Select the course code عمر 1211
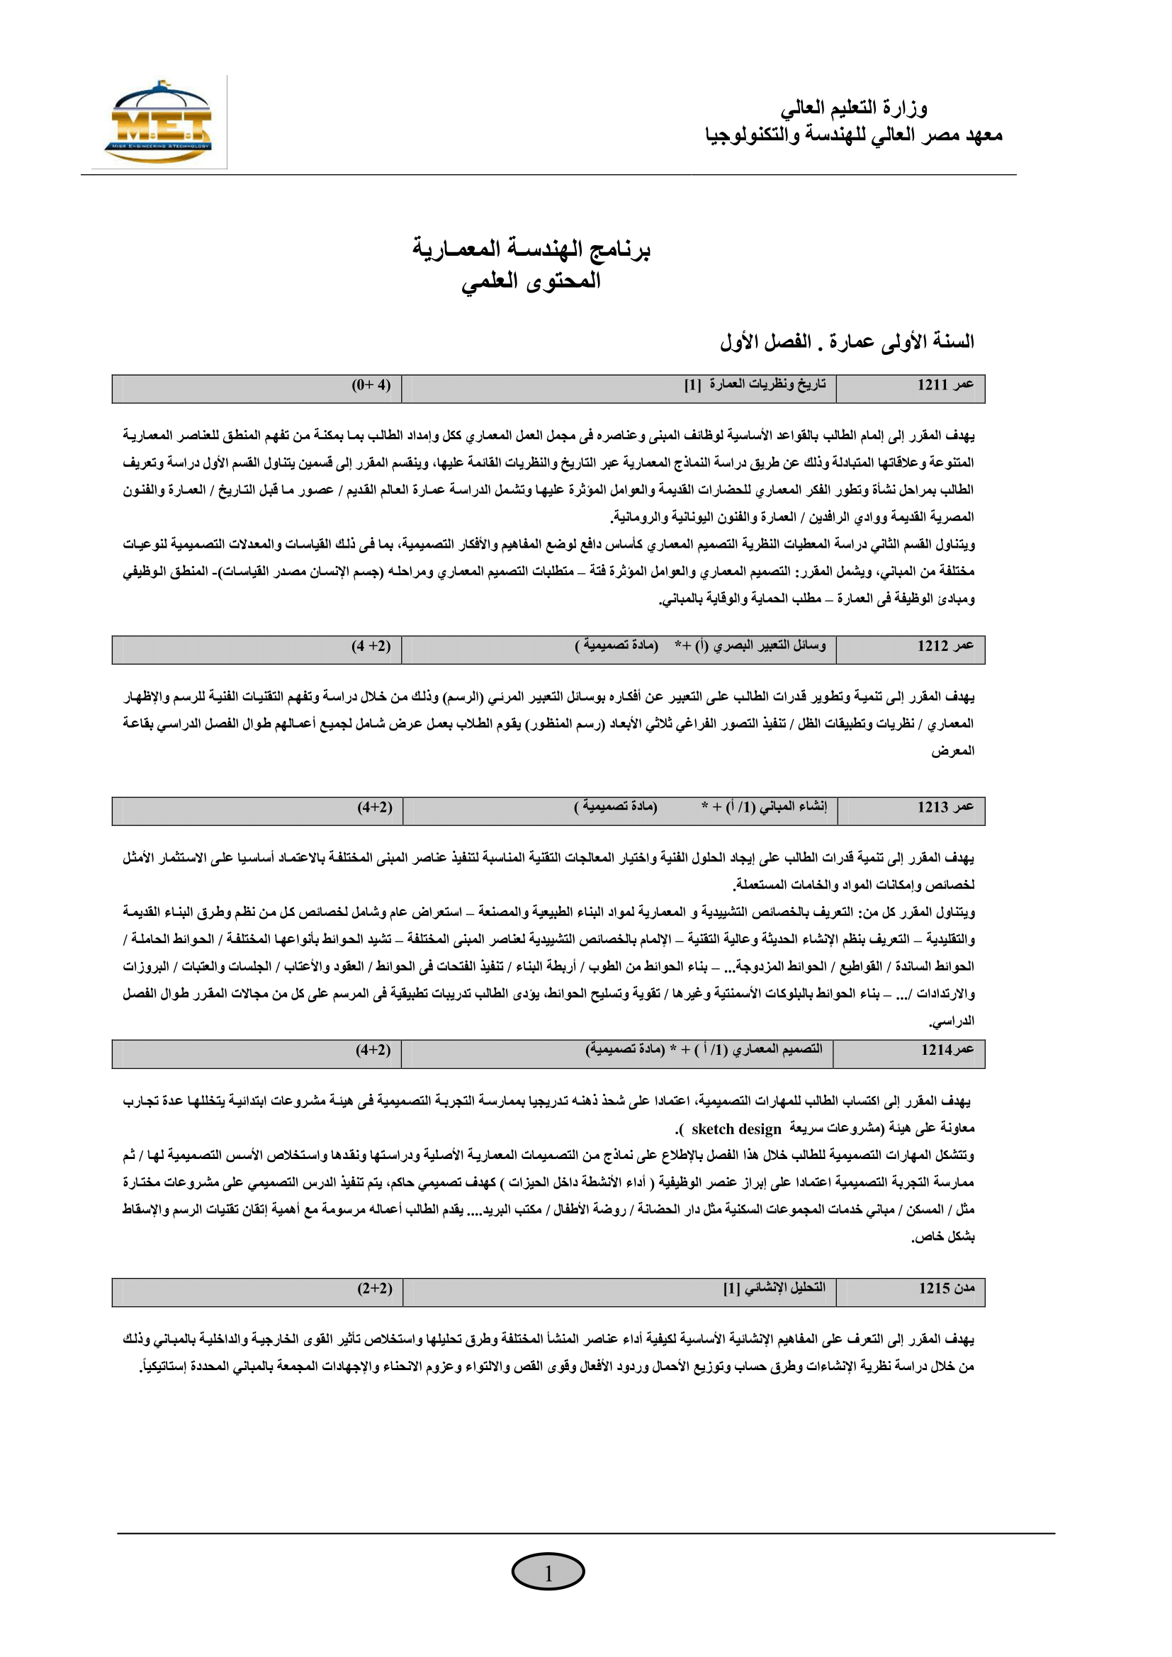tap(945, 385)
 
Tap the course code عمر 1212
tap(945, 646)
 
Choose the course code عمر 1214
tap(947, 1050)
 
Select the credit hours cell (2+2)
tap(375, 1288)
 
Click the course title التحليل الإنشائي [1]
tap(774, 1288)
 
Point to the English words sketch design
tap(736, 1129)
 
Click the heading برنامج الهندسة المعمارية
tap(532, 249)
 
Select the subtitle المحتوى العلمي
tap(531, 281)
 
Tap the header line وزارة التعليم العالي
tap(854, 108)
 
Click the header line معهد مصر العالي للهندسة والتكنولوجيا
tap(854, 135)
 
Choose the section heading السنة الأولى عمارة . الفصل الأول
tap(847, 341)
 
